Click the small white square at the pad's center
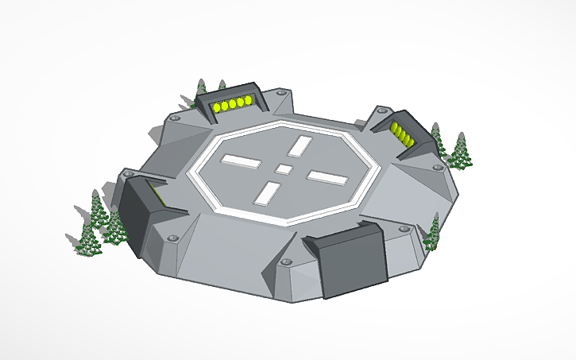point(284,168)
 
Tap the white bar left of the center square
point(241,161)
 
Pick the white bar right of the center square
point(329,179)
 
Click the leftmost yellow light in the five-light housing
point(216,106)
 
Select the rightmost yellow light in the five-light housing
point(248,101)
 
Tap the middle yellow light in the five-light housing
point(232,104)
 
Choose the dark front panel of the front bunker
point(353,265)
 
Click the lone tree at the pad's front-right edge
point(434,231)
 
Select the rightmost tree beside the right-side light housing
point(460,151)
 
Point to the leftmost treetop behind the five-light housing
point(201,87)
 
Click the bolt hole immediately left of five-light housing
point(175,117)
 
